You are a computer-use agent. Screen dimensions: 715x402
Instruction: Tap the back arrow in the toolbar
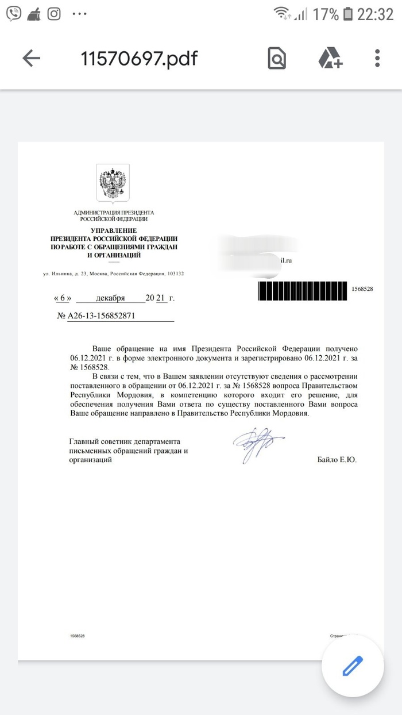coord(31,58)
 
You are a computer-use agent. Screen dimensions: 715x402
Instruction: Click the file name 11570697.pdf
coord(139,59)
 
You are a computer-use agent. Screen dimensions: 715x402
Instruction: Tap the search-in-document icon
coord(277,59)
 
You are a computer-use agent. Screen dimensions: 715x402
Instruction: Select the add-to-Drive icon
coord(330,59)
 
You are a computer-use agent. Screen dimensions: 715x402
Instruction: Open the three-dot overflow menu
coord(378,59)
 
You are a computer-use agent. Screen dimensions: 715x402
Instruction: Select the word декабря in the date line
coord(111,298)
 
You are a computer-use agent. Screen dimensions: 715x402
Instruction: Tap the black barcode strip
coord(303,289)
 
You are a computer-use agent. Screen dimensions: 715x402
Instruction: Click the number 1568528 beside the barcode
coord(362,289)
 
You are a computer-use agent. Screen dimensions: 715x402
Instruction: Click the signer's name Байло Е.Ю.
coord(337,460)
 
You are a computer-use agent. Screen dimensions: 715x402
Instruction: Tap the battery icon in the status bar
coord(347,15)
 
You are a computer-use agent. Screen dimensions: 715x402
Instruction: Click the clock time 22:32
coord(376,15)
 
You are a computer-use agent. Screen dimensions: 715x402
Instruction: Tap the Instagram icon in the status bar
coord(54,14)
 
